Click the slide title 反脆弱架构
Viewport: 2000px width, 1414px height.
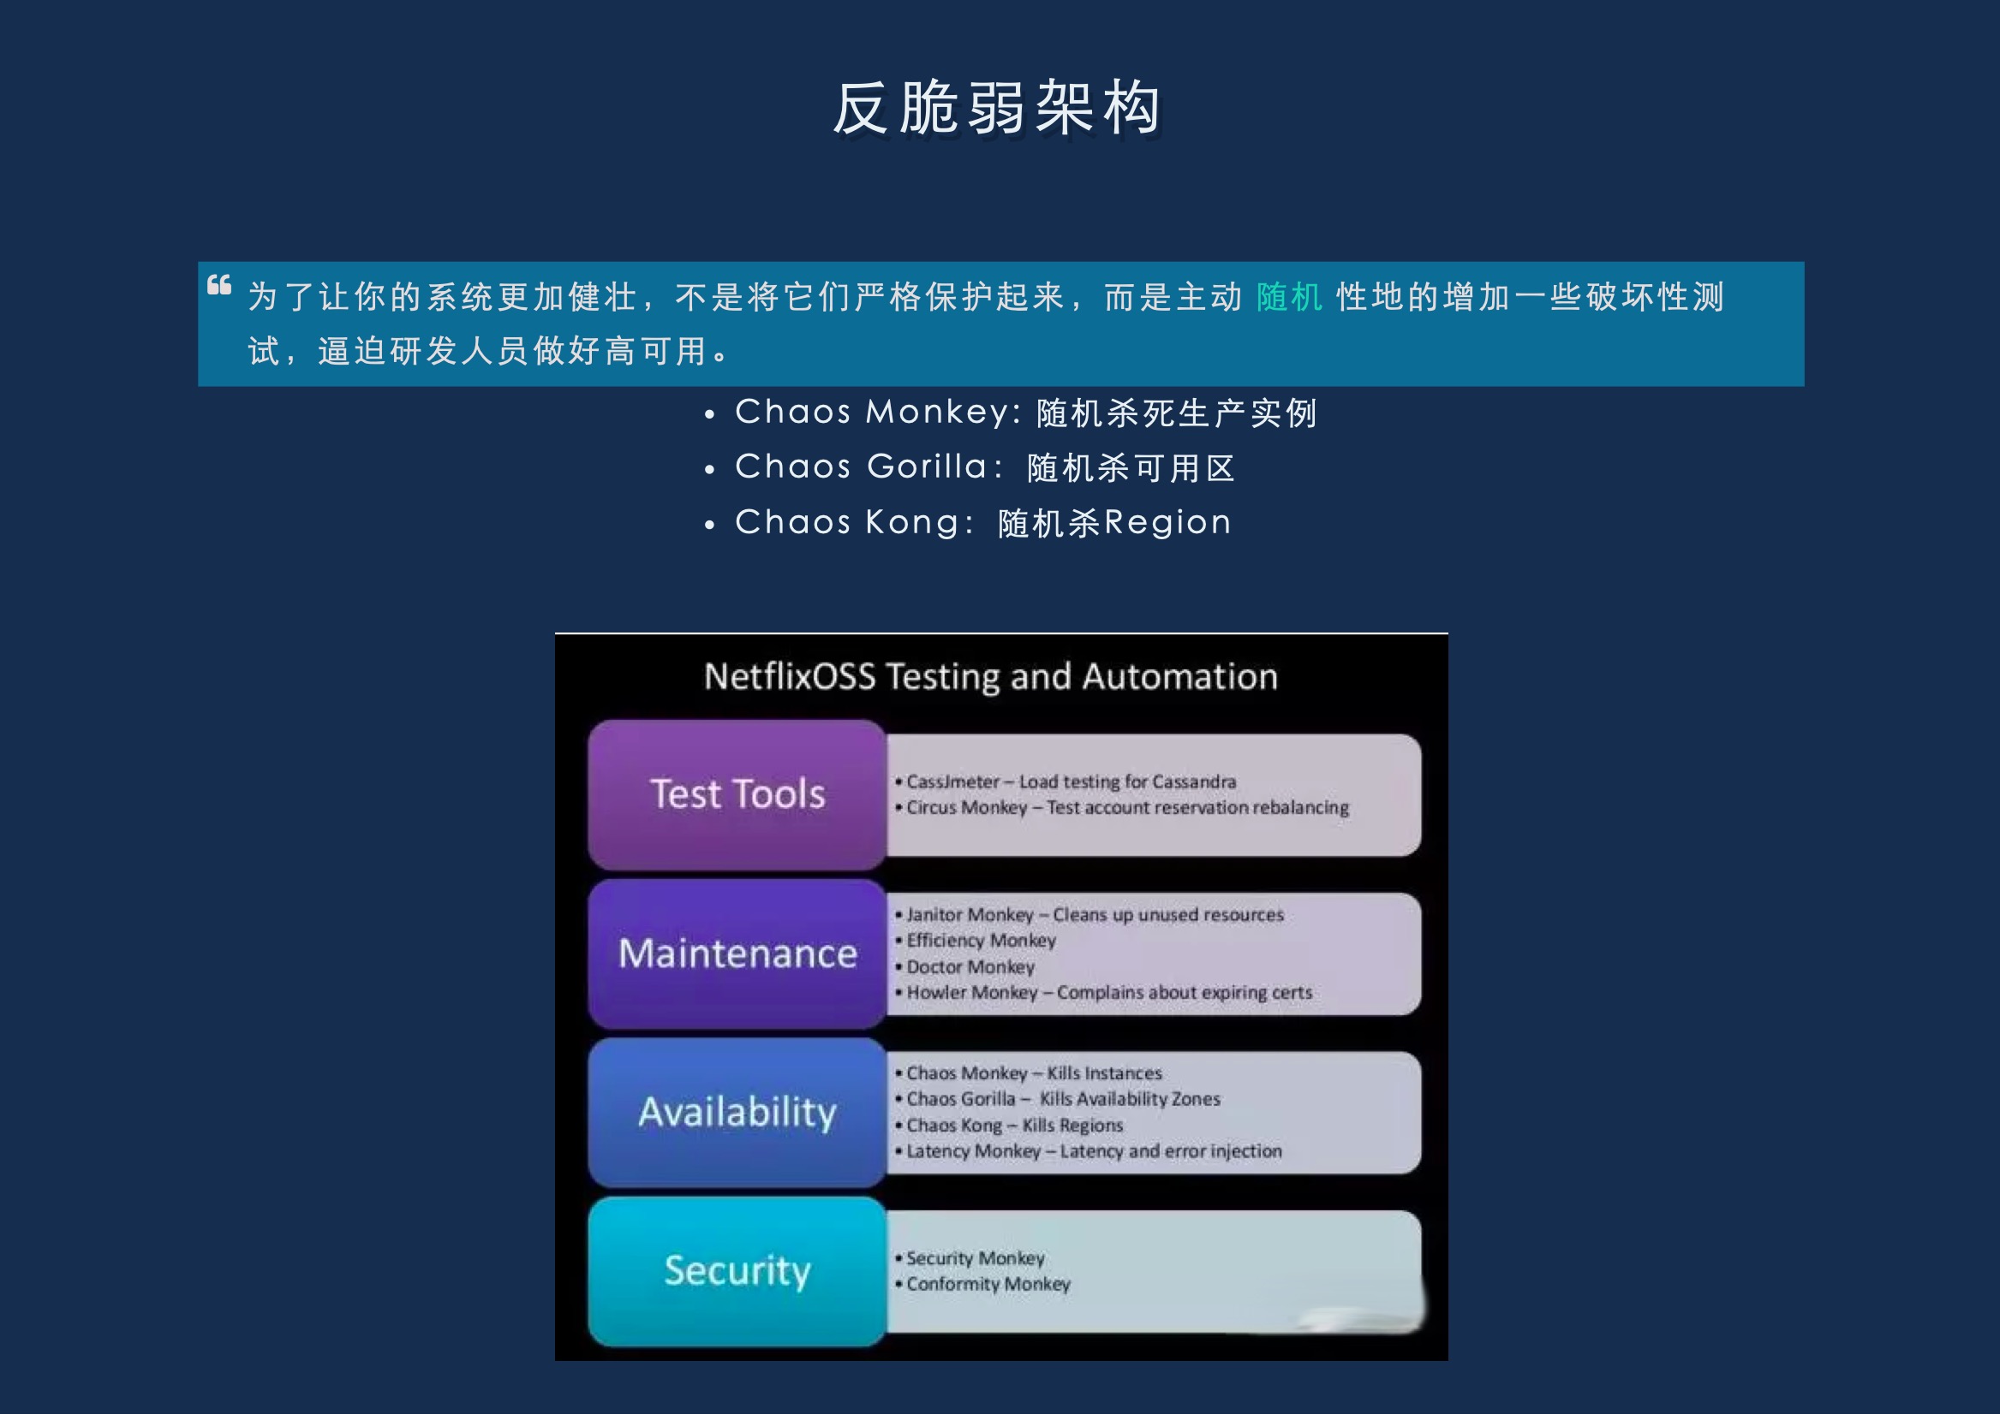coord(997,109)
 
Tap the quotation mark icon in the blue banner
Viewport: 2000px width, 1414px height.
coord(219,285)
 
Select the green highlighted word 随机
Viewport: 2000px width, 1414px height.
coord(1289,297)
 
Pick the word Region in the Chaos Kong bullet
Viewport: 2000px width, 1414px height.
coord(1168,522)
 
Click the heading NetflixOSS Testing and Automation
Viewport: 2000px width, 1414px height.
coord(990,676)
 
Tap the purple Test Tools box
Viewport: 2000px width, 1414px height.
coord(737,794)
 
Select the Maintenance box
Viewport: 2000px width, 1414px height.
coord(737,954)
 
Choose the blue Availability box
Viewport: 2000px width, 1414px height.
coord(737,1112)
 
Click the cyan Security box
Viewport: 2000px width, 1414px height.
coord(737,1271)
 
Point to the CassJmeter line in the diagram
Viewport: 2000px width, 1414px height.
coord(1066,781)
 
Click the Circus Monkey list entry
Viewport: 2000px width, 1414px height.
coord(1122,808)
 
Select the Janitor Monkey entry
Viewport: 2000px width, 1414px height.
coord(1090,915)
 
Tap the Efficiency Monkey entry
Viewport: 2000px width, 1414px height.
coord(976,941)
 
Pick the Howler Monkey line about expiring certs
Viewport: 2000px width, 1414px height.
coord(1104,993)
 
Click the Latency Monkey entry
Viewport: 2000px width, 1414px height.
coord(1089,1151)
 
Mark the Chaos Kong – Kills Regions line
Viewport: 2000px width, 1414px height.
coord(1010,1125)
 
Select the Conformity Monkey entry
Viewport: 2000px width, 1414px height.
coord(982,1284)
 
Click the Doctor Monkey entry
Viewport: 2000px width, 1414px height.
coord(965,966)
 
